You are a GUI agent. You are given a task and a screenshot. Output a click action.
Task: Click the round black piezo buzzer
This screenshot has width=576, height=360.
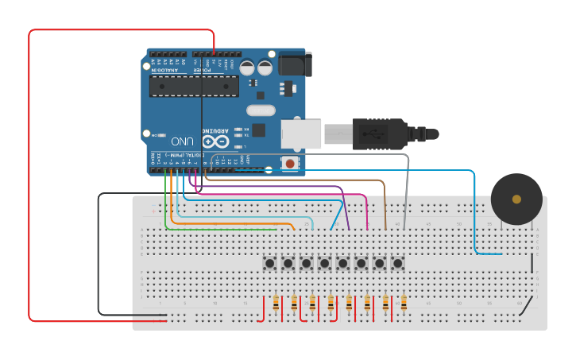pos(516,199)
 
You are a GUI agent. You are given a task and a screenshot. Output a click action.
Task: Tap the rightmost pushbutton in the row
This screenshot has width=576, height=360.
pos(398,262)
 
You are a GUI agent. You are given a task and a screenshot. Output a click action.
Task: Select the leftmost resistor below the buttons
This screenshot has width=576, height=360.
pos(276,303)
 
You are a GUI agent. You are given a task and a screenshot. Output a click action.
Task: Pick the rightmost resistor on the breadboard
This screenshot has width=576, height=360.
pos(404,303)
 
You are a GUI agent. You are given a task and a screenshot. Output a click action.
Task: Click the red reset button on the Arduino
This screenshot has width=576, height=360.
pos(290,164)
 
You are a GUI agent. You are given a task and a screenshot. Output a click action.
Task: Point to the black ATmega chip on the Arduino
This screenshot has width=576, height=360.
pos(194,86)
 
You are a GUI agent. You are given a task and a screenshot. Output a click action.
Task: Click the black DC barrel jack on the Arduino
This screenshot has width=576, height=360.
pos(294,64)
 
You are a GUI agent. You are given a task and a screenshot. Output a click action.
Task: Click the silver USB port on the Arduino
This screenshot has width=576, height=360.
pos(301,134)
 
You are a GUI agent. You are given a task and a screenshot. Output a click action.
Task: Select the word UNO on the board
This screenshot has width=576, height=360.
pos(182,141)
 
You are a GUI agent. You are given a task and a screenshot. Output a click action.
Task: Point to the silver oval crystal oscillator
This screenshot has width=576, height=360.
pos(261,110)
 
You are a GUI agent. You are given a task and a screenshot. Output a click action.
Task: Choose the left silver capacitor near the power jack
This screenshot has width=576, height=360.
pos(247,68)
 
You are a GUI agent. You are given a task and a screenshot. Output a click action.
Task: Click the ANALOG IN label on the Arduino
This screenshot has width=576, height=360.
pos(168,70)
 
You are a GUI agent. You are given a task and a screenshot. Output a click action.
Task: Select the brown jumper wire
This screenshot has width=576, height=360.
pos(385,207)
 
